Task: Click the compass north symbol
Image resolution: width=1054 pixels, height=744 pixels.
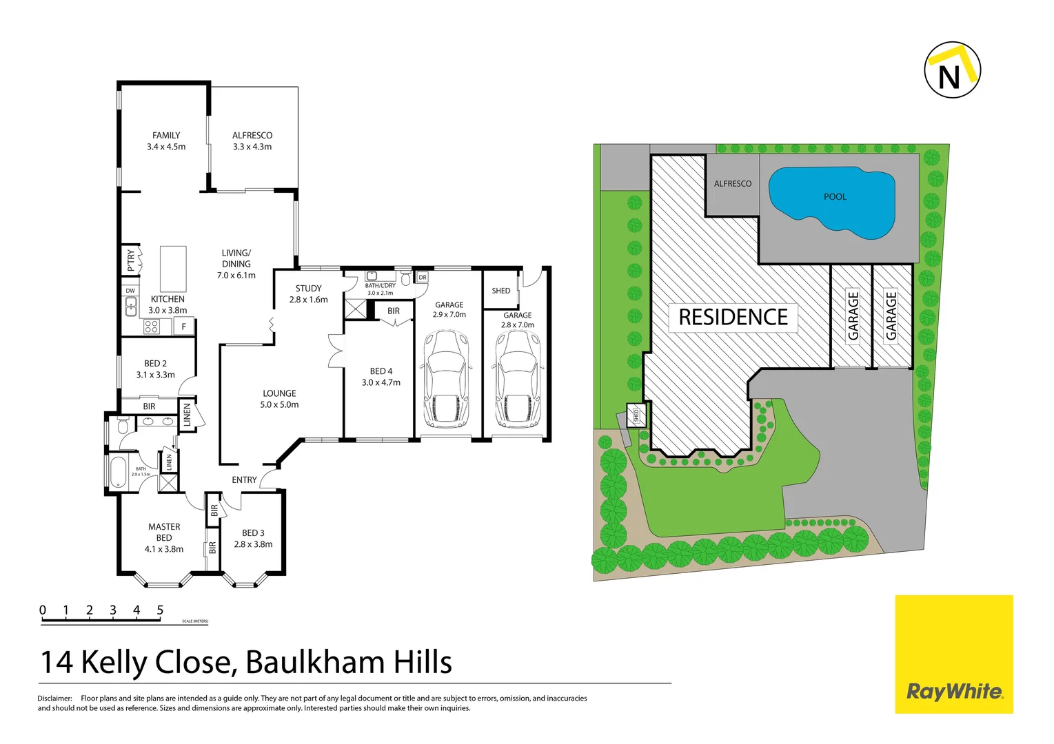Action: [x=952, y=70]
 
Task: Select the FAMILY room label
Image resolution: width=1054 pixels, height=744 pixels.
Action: [x=166, y=136]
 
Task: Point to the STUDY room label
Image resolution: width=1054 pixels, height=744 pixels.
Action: [x=308, y=289]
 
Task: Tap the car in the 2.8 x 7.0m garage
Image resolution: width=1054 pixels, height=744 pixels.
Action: [x=517, y=380]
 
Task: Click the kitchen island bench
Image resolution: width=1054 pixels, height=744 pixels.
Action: [x=173, y=269]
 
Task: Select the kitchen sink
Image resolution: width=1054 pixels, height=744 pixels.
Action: [x=131, y=307]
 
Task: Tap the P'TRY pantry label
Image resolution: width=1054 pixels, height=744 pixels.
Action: [x=131, y=260]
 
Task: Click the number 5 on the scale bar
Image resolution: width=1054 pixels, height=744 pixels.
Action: [x=160, y=610]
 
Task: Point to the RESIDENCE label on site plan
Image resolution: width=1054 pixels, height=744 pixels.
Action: [x=733, y=318]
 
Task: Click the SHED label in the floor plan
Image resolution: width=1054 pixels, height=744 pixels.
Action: [x=501, y=291]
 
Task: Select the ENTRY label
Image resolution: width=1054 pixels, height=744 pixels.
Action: [x=244, y=480]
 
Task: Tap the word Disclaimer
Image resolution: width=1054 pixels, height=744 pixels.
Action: [x=54, y=699]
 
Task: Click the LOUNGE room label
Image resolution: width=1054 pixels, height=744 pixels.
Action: [x=279, y=393]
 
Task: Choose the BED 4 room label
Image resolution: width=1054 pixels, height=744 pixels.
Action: [x=381, y=371]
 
